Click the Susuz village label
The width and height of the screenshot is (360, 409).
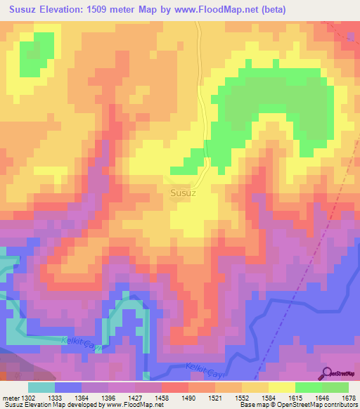coord(183,191)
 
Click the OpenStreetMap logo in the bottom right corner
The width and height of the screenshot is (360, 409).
coord(340,373)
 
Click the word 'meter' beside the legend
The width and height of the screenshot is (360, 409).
coord(11,397)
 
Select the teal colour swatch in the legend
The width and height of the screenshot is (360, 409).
coord(41,387)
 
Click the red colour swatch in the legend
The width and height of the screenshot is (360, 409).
coord(175,387)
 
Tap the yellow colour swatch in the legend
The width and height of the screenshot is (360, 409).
coord(282,387)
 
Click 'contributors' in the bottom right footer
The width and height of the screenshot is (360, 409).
coord(340,405)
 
